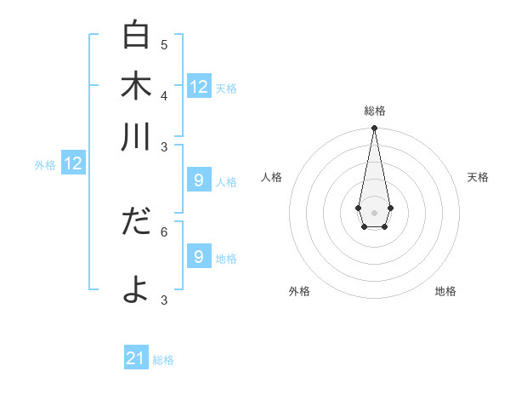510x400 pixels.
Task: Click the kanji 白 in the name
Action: [x=136, y=35]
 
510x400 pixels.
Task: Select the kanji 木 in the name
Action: [x=136, y=85]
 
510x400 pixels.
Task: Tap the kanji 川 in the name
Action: [x=136, y=136]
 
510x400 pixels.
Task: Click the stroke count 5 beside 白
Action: [x=164, y=44]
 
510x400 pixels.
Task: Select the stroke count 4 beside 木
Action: [x=164, y=95]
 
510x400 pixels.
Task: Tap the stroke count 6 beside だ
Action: [x=164, y=231]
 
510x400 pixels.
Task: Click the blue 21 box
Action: [x=136, y=358]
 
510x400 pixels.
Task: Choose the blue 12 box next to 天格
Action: [x=199, y=86]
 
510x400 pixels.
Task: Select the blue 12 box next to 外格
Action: [x=73, y=163]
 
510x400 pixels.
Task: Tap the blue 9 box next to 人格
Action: [x=199, y=180]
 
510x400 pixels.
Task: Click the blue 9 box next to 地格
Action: [x=199, y=256]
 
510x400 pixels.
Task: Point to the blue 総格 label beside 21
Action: [x=163, y=360]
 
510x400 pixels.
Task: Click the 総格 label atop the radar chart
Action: [x=375, y=111]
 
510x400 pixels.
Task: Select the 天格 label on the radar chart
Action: [x=478, y=177]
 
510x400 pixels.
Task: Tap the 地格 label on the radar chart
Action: [x=445, y=291]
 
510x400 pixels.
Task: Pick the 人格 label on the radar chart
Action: [x=272, y=177]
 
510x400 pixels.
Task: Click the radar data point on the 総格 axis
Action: [x=374, y=129]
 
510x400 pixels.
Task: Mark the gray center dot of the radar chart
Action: [x=374, y=211]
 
